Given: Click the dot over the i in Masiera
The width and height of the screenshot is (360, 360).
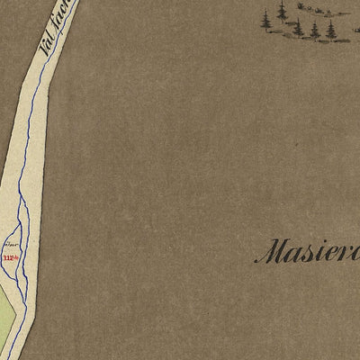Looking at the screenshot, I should click(321, 241).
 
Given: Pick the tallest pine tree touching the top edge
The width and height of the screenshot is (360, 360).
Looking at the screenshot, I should click(283, 11).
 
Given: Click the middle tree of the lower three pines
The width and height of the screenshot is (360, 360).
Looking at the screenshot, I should click(315, 30).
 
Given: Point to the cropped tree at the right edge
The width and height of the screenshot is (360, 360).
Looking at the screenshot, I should click(356, 27).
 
